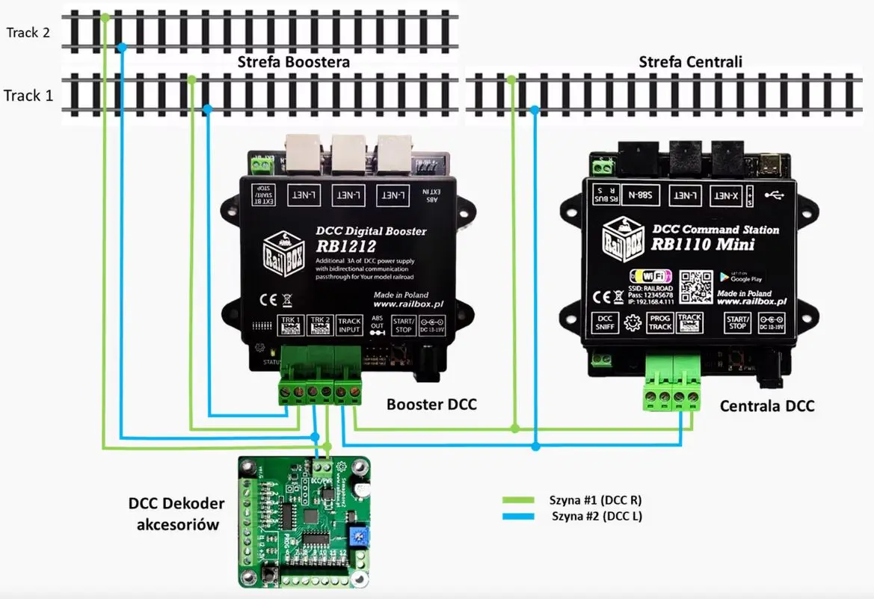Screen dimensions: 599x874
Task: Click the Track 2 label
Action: pyautogui.click(x=28, y=33)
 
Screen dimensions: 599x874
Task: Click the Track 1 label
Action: pyautogui.click(x=28, y=95)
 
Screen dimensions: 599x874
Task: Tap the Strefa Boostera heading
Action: pyautogui.click(x=293, y=62)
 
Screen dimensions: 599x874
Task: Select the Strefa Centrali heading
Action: pyautogui.click(x=690, y=61)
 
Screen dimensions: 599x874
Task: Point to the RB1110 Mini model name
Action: pyautogui.click(x=703, y=244)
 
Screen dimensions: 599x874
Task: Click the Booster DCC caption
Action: pyautogui.click(x=431, y=405)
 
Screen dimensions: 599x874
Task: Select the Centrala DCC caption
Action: pyautogui.click(x=766, y=406)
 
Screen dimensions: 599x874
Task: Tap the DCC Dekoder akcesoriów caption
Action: pyautogui.click(x=177, y=514)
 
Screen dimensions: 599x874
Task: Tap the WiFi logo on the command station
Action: pyautogui.click(x=647, y=275)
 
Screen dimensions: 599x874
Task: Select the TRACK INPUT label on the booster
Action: pyautogui.click(x=349, y=325)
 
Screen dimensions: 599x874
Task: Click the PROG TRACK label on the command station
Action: pyautogui.click(x=659, y=323)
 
